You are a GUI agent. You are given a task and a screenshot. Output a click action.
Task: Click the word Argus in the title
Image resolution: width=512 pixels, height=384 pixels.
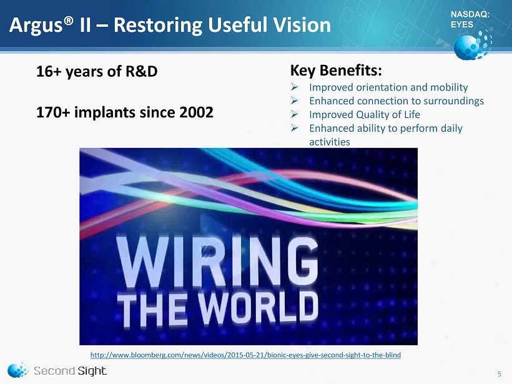(36, 26)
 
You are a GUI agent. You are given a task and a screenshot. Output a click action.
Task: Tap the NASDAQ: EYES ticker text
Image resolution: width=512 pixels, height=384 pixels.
(470, 19)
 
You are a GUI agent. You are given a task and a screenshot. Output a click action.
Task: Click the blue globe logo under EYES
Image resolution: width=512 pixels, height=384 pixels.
(472, 45)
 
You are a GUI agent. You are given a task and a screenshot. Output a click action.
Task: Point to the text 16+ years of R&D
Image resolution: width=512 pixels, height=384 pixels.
(97, 71)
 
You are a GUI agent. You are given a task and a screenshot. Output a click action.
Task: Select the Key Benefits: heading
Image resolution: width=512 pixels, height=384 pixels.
(336, 70)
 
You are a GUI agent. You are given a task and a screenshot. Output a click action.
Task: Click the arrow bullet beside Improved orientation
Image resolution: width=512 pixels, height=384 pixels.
(294, 87)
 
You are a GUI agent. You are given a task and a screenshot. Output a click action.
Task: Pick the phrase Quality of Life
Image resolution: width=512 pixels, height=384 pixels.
(388, 115)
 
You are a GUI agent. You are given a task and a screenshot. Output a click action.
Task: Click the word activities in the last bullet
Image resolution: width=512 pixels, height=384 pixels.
(330, 142)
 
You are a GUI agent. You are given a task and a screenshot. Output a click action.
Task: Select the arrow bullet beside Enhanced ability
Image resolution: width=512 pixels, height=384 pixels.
(294, 127)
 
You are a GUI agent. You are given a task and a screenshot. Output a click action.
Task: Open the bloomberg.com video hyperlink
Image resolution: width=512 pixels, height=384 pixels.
(245, 355)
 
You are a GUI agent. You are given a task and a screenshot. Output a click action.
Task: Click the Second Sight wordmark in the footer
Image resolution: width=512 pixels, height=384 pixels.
(70, 371)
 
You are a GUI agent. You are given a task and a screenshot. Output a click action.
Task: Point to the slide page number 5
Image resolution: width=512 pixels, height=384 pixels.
(500, 374)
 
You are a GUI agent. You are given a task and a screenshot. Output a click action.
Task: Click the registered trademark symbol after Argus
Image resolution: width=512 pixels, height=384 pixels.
(68, 21)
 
